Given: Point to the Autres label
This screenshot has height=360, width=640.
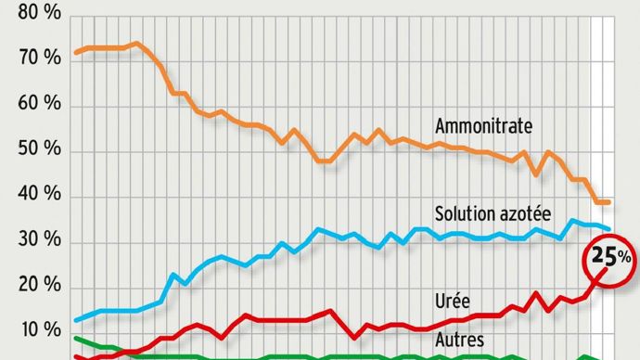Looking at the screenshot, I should coord(458,341).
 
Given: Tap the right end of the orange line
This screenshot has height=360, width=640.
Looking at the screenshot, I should coord(609,201).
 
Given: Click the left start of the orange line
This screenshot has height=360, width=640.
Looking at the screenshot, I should coord(75,52).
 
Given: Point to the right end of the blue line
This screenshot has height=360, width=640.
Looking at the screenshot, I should coord(609,228).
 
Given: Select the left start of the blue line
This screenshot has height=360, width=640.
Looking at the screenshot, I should coord(75,320).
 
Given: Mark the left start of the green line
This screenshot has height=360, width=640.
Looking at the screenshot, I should coord(75,339).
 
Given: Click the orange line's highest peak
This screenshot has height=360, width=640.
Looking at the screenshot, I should coord(137,43).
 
